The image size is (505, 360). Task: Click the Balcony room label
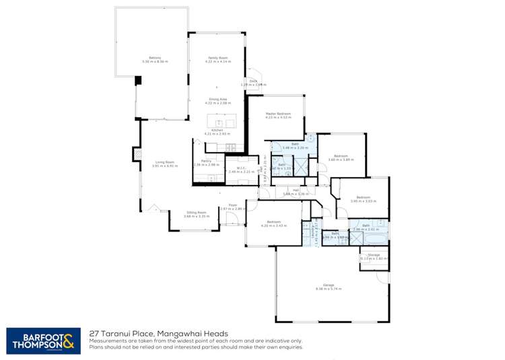[154, 58]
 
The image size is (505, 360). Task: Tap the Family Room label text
[217, 58]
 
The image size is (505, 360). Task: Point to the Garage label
[328, 285]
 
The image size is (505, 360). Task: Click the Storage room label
[374, 255]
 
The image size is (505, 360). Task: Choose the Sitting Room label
[197, 212]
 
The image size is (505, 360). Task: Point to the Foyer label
[232, 205]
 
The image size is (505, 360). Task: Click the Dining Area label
[217, 100]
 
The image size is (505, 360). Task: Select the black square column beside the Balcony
[139, 80]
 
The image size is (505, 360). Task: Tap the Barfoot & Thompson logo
[44, 340]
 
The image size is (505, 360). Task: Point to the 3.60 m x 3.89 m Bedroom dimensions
[341, 159]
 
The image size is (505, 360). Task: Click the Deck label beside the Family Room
[253, 81]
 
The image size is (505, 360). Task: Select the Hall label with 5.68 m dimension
[295, 190]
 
